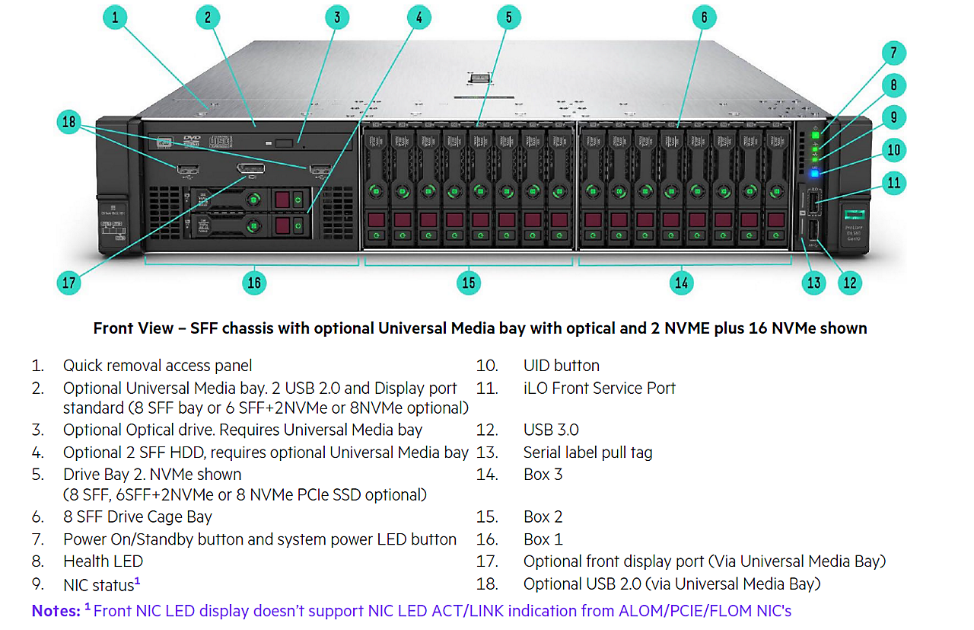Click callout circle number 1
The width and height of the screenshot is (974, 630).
pos(115,18)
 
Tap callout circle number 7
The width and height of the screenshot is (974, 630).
pos(894,53)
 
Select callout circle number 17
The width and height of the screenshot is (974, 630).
pos(69,283)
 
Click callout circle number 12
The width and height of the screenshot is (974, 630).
pos(850,283)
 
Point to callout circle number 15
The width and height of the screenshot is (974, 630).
pos(468,283)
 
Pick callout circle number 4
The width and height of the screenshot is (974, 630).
pos(418,18)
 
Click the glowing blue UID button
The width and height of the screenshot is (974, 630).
pos(814,173)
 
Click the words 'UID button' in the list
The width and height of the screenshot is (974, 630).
pos(561,366)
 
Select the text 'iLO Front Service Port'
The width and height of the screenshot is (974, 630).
pos(599,388)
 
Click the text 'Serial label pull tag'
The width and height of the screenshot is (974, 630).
pos(587,453)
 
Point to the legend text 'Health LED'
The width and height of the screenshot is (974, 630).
pos(103,561)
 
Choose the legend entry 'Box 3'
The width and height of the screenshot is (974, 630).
pos(543,475)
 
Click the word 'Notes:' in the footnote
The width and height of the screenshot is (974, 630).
pos(56,610)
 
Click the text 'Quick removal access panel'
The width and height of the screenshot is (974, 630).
pos(157,366)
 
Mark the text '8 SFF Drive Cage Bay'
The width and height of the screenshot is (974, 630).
pos(137,517)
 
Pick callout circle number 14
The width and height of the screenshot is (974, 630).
pos(681,283)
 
